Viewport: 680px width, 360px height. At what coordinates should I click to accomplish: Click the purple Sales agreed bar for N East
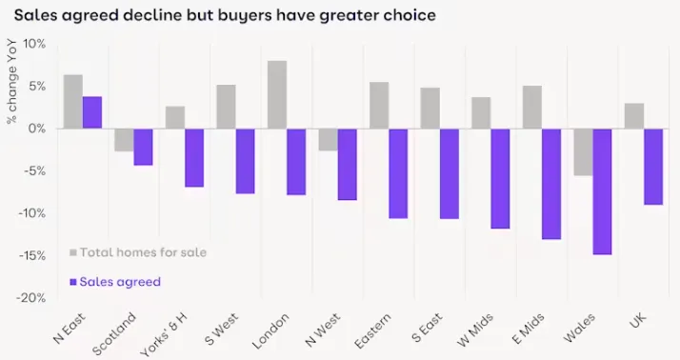point(92,112)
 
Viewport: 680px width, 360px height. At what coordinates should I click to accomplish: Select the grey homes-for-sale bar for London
point(277,94)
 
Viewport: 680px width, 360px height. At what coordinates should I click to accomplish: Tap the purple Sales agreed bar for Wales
point(602,191)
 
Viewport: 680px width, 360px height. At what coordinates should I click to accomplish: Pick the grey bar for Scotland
point(124,140)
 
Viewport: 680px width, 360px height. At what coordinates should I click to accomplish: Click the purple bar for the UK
point(653,167)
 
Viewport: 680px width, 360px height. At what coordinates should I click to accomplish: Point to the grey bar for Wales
point(583,152)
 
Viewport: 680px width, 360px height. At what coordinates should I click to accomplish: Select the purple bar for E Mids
point(551,184)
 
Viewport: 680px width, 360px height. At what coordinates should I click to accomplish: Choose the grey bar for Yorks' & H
point(175,117)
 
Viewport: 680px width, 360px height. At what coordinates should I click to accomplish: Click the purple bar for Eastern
point(398,173)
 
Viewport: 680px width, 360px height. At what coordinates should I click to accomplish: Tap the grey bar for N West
point(329,140)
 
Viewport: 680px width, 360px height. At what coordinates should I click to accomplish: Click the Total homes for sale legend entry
point(138,252)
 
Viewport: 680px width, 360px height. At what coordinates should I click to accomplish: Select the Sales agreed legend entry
point(115,282)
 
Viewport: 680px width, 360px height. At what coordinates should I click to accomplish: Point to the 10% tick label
point(33,44)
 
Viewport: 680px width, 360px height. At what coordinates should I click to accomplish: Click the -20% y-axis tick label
point(30,298)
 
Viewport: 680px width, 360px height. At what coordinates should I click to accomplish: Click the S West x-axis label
point(222,329)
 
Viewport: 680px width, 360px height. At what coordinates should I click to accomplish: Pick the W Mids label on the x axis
point(475,330)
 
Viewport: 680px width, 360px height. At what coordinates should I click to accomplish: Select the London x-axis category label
point(270,330)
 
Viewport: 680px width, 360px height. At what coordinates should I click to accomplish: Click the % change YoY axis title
point(11,81)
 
